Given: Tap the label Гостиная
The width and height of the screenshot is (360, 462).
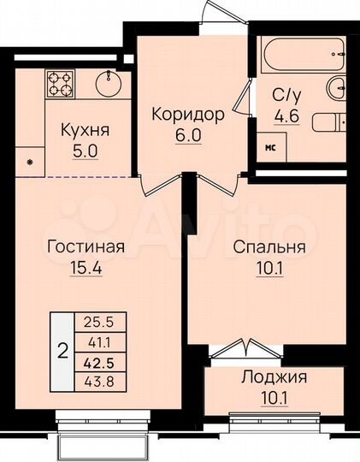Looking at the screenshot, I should tap(86, 247).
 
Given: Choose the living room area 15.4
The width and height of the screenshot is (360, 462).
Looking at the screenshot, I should tap(85, 268).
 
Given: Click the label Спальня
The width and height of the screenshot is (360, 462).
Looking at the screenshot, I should tap(269, 247).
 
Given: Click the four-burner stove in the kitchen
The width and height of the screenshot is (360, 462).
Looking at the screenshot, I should tap(59, 83).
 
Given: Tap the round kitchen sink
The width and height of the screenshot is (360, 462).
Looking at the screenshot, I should tap(110, 84).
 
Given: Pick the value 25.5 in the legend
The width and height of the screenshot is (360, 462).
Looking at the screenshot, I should tap(96, 324).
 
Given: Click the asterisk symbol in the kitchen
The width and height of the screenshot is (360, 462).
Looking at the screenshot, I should tap(31, 162).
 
